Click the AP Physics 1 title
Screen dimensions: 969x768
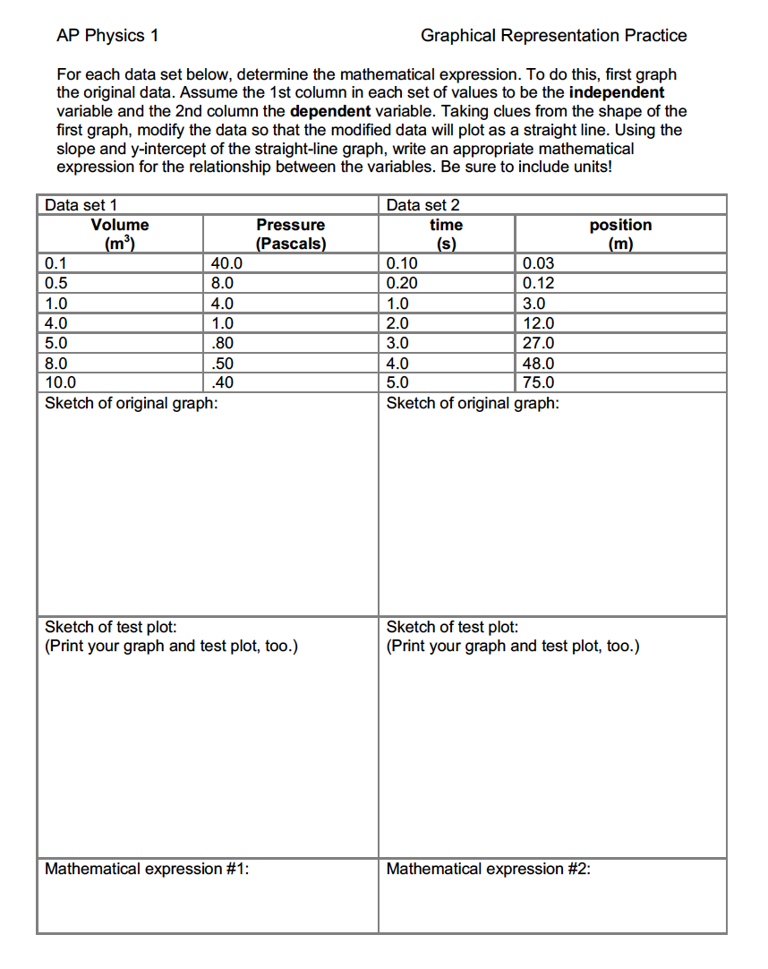(x=107, y=36)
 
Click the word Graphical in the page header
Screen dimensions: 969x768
(x=457, y=36)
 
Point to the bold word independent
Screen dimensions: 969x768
(x=617, y=93)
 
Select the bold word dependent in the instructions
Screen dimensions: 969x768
(x=328, y=112)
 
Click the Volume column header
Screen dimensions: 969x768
(x=120, y=225)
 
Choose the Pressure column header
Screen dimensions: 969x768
(x=290, y=225)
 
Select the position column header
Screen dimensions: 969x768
(x=620, y=225)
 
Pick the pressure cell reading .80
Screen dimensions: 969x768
(x=222, y=343)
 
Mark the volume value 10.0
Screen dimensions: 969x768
(x=61, y=383)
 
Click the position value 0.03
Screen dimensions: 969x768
(x=538, y=263)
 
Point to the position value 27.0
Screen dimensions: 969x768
(x=538, y=343)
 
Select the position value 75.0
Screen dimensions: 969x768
(x=538, y=383)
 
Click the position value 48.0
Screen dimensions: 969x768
(x=538, y=364)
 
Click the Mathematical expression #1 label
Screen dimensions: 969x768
(x=147, y=869)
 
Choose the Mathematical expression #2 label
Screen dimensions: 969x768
(x=488, y=869)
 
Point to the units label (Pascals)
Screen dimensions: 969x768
(x=290, y=244)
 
